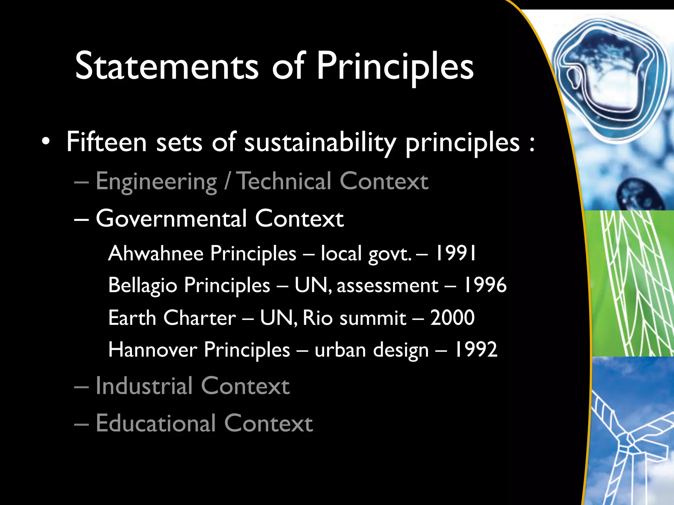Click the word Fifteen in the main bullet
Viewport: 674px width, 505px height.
point(106,142)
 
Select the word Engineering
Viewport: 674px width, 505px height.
point(156,182)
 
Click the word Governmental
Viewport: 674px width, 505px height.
point(171,219)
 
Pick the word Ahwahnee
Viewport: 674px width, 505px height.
point(156,253)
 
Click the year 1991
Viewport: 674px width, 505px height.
point(455,253)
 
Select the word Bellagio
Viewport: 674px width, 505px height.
point(143,285)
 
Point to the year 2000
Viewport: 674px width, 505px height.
point(453,318)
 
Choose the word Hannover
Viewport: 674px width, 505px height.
point(153,349)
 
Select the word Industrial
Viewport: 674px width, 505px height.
point(144,386)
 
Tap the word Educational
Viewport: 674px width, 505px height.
point(156,423)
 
